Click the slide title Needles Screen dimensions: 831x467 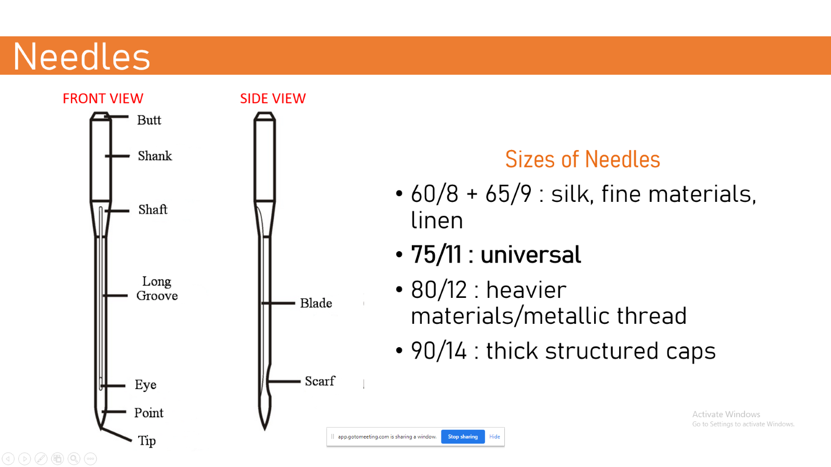[x=82, y=57]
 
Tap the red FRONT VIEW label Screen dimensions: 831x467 [x=103, y=99]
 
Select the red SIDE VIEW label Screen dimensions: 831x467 [x=273, y=99]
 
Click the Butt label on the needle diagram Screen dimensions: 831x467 [x=149, y=120]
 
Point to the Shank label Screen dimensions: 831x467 [x=155, y=156]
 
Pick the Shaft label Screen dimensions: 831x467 [x=153, y=210]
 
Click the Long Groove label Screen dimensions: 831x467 [x=157, y=289]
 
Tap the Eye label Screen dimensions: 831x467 [x=145, y=384]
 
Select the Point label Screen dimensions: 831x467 [x=149, y=413]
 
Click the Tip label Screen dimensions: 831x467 [x=147, y=441]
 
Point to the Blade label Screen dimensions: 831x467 [x=316, y=303]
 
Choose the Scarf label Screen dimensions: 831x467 [x=320, y=381]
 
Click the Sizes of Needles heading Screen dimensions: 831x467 [x=582, y=159]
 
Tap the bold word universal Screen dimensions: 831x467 [x=530, y=255]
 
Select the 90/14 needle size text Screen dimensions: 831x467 [x=439, y=351]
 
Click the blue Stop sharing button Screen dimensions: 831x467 [x=463, y=436]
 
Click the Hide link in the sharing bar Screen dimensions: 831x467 [x=494, y=436]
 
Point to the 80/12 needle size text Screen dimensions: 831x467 [x=439, y=290]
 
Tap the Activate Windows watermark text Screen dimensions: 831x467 [x=726, y=414]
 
